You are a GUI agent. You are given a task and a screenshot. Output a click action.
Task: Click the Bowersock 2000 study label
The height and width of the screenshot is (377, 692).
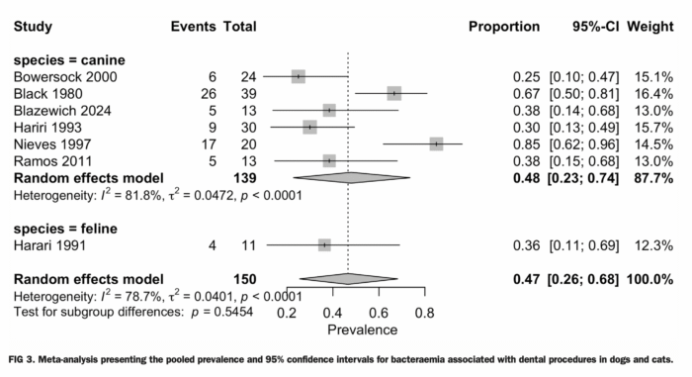[65, 77]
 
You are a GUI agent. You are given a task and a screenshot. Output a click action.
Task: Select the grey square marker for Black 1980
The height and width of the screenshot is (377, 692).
[394, 93]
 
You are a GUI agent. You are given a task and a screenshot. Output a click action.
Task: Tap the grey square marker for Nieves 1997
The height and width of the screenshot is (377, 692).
[436, 143]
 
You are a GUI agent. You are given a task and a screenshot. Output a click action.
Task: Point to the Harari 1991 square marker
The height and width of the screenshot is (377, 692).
[324, 244]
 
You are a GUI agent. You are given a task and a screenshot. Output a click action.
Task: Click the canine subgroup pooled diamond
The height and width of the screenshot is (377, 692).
[352, 178]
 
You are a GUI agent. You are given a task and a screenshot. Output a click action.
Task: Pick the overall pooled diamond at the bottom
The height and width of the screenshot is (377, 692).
[349, 279]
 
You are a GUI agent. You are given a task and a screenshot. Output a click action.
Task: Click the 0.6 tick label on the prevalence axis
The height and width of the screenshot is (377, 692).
[379, 314]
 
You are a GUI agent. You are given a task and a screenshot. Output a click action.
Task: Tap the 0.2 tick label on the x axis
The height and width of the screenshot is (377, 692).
[287, 314]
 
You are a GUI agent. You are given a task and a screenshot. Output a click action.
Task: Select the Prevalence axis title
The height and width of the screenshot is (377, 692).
[363, 330]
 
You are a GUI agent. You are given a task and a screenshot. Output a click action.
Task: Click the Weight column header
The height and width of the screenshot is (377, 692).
[650, 27]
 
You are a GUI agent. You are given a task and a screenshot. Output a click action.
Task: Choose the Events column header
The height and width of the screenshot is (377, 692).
[194, 27]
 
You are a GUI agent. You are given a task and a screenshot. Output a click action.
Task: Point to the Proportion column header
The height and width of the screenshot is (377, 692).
[504, 27]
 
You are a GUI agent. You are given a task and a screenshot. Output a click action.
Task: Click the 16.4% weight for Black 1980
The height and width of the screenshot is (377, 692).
[654, 94]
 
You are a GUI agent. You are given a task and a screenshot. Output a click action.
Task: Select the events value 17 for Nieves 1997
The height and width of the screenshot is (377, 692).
[209, 144]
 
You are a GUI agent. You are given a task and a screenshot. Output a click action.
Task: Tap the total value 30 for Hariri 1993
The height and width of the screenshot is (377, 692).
[248, 128]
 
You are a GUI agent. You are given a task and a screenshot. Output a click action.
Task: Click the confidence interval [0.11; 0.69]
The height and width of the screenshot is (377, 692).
[584, 245]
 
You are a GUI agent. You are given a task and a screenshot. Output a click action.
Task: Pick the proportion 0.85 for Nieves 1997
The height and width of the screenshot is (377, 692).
[526, 144]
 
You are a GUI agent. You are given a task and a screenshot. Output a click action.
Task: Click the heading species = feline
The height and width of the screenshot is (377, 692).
[65, 229]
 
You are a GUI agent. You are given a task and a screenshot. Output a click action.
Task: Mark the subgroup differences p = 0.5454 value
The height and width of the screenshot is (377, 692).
[222, 312]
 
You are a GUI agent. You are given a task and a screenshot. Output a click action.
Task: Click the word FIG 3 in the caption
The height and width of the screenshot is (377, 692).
[21, 359]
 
